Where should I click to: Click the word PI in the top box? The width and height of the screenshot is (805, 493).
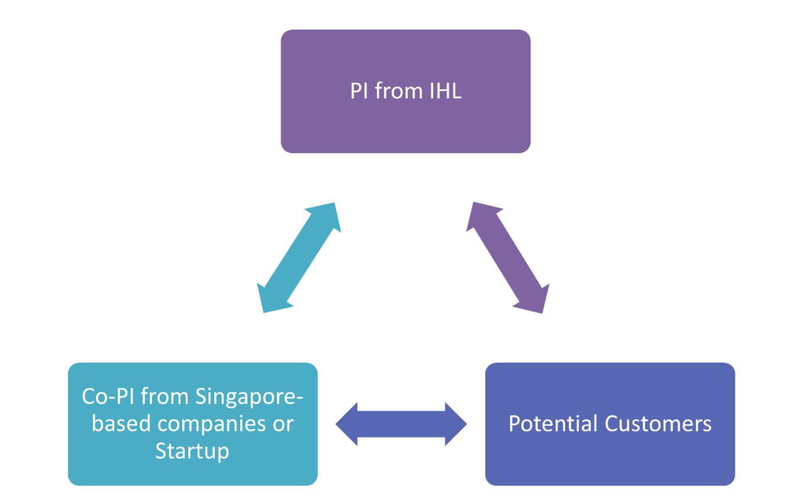pos(358,92)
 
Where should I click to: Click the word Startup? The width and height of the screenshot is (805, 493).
pos(192,451)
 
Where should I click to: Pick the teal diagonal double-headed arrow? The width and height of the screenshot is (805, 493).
pos(299,258)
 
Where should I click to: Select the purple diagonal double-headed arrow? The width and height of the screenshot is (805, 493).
pos(507,258)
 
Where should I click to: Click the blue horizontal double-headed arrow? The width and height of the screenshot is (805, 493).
pos(401,424)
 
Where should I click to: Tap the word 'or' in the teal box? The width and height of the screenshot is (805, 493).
pos(282,424)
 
